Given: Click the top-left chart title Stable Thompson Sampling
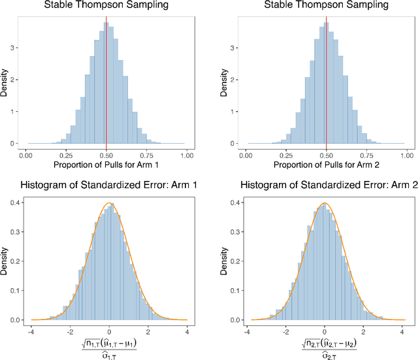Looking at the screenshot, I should click(106, 6).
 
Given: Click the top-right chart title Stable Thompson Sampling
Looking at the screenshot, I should click(326, 6).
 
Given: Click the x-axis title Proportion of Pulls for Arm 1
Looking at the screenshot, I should click(106, 166).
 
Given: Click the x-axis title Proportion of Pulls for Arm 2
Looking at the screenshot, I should click(326, 166).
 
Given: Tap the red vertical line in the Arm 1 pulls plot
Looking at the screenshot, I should click(106, 78).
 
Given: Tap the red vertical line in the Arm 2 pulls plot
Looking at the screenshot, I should click(327, 78).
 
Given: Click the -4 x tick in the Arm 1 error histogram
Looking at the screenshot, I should click(31, 331).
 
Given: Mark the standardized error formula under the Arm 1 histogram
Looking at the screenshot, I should click(109, 346).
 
